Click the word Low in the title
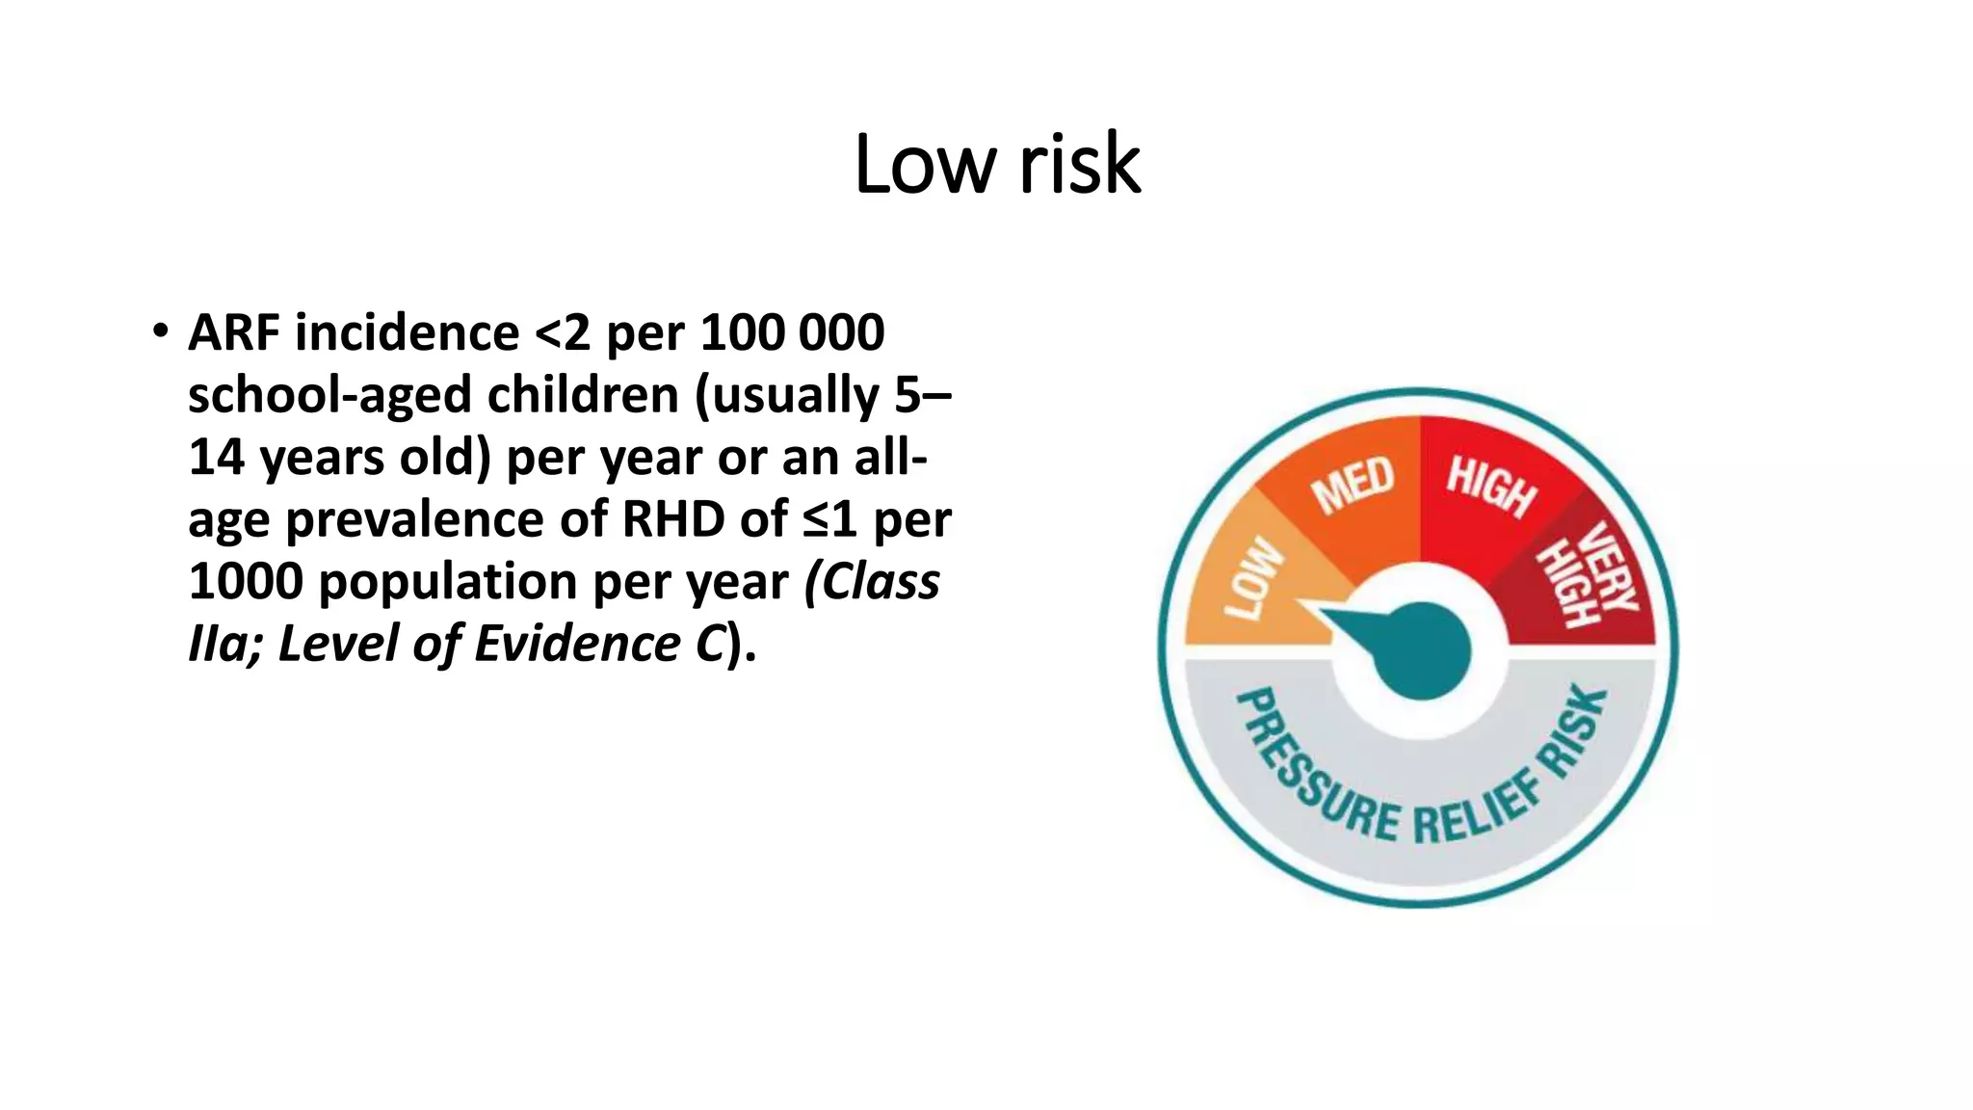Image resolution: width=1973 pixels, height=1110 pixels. (x=924, y=165)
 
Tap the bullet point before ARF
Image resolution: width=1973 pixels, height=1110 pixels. (x=160, y=331)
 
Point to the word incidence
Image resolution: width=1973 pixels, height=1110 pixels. (x=407, y=332)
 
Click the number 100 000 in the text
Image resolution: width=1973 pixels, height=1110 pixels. (x=792, y=332)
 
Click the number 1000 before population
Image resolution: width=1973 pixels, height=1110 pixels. (x=245, y=581)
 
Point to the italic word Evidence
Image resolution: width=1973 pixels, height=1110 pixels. (x=577, y=644)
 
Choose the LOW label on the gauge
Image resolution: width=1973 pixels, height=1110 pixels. (x=1253, y=578)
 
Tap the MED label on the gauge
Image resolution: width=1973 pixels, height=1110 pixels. (x=1354, y=484)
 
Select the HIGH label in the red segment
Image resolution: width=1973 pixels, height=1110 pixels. (x=1490, y=486)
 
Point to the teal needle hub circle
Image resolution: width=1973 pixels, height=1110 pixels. (x=1421, y=650)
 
